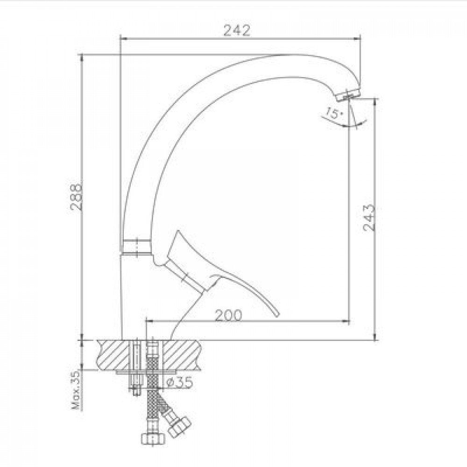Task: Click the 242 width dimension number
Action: [x=237, y=30]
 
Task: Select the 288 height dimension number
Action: [x=76, y=197]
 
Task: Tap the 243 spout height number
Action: [x=369, y=218]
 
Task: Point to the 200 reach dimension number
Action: [x=228, y=316]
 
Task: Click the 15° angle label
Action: [x=333, y=113]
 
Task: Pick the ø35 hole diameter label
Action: [x=179, y=382]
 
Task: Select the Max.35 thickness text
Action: [x=76, y=390]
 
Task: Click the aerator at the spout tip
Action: [x=348, y=95]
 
